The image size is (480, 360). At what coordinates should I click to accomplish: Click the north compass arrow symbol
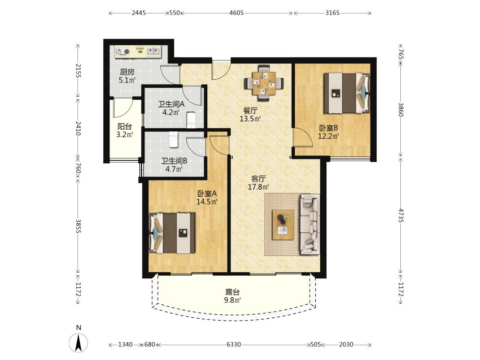tap(78, 343)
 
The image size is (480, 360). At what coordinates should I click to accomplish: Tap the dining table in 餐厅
tap(264, 83)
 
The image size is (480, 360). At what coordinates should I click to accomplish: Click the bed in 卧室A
tap(172, 233)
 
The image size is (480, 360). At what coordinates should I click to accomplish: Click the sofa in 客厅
tap(310, 224)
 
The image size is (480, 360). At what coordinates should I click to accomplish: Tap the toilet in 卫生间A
tap(192, 120)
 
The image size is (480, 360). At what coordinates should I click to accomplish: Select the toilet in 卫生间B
tap(174, 139)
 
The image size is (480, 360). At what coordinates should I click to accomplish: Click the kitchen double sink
tap(153, 51)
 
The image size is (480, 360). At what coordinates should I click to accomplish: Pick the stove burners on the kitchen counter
tap(123, 52)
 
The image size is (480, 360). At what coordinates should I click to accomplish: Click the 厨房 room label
tap(127, 72)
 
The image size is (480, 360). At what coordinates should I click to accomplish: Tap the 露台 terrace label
tap(232, 292)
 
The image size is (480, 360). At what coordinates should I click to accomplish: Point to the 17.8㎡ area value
tap(258, 187)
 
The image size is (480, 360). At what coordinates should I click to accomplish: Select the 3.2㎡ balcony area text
tap(125, 134)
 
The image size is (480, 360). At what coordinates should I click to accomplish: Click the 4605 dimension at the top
tap(237, 13)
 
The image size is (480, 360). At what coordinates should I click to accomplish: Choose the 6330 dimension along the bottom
tap(234, 344)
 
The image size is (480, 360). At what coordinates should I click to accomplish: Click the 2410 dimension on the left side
tap(78, 129)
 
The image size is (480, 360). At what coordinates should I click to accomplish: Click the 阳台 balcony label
tap(125, 126)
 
